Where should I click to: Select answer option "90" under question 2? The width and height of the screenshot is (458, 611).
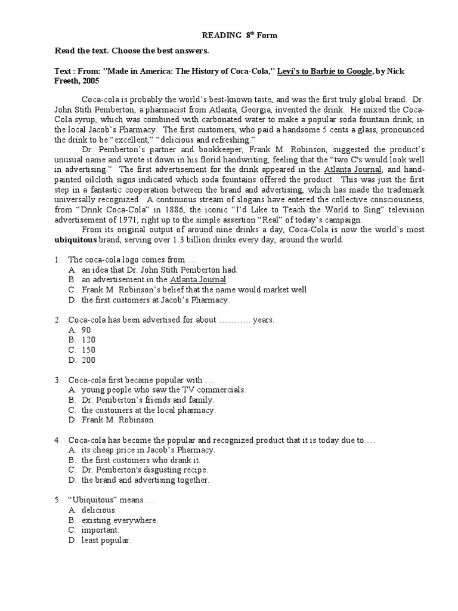(86, 330)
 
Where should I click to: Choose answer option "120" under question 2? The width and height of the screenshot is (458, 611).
(88, 340)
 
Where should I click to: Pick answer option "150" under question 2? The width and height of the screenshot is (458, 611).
(88, 350)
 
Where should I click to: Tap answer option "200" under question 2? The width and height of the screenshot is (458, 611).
(88, 360)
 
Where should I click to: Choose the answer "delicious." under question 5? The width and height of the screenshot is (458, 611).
(99, 510)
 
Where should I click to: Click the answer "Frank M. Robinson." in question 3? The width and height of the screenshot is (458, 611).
(118, 420)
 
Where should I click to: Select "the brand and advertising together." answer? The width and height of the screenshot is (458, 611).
(145, 480)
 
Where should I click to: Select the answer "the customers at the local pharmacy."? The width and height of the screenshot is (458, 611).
(148, 410)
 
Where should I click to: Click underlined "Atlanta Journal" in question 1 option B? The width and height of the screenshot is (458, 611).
(198, 279)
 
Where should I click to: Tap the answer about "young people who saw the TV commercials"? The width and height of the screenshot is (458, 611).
(163, 390)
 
